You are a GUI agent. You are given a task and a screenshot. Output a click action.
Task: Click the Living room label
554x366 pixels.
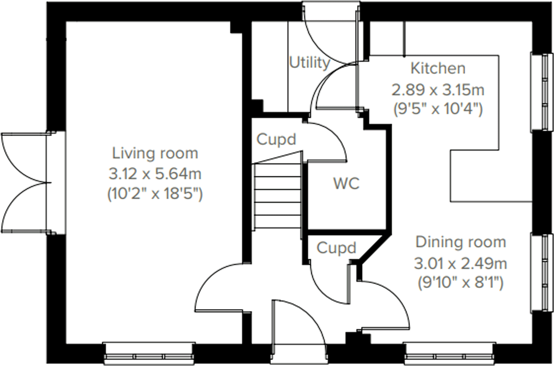click(155, 154)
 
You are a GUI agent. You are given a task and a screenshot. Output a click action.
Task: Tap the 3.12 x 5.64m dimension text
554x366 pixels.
click(155, 174)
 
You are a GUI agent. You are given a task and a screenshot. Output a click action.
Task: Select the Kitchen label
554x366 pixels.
click(438, 69)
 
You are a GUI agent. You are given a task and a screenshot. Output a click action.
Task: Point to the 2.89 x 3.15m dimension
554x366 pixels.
click(438, 90)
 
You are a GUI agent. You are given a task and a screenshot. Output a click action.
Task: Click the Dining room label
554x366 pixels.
click(461, 242)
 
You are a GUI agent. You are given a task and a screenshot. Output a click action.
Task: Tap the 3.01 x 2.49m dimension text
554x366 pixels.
click(461, 263)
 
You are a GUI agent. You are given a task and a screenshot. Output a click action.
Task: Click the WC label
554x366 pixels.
click(346, 184)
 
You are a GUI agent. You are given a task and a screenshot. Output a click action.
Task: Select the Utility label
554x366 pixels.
click(309, 63)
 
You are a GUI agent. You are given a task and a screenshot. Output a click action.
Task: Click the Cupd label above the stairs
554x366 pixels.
click(276, 139)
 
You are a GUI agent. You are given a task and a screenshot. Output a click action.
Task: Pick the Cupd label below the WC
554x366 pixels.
click(336, 248)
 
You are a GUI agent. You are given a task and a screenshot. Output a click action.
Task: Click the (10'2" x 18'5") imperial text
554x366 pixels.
click(155, 194)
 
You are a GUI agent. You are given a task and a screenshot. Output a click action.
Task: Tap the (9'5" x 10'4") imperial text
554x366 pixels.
click(438, 110)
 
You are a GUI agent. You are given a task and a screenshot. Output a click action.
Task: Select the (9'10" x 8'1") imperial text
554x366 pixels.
click(461, 283)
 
